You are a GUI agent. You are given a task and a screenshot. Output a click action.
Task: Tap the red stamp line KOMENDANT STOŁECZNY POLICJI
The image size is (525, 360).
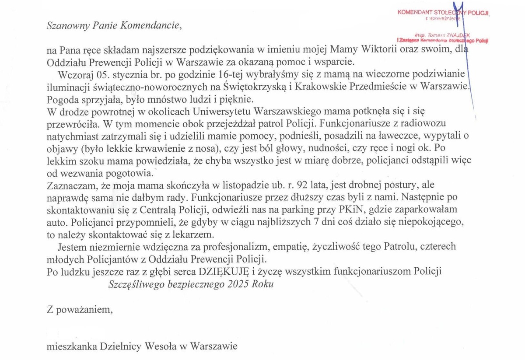click(443, 13)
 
